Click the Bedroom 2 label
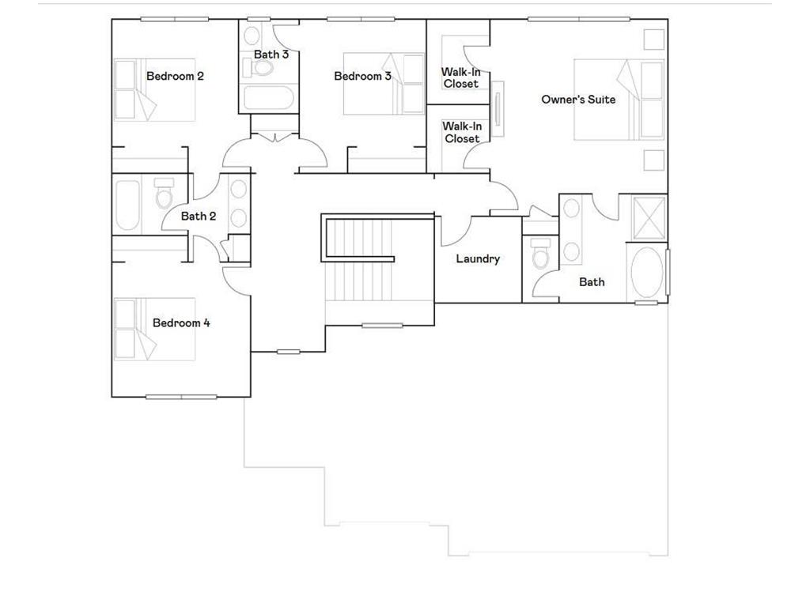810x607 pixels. pyautogui.click(x=175, y=77)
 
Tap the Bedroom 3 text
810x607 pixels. pyautogui.click(x=362, y=77)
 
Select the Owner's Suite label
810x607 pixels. pyautogui.click(x=578, y=100)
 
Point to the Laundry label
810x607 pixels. pyautogui.click(x=478, y=259)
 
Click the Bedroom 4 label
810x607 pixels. pyautogui.click(x=181, y=323)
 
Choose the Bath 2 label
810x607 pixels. pyautogui.click(x=199, y=217)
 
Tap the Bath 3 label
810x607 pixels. pyautogui.click(x=271, y=55)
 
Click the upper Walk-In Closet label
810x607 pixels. pyautogui.click(x=460, y=77)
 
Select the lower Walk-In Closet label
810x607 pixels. pyautogui.click(x=460, y=132)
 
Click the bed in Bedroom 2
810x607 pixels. pyautogui.click(x=154, y=90)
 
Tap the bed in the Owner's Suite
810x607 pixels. pyautogui.click(x=618, y=100)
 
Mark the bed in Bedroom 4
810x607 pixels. pyautogui.click(x=154, y=329)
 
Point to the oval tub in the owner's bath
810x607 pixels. pyautogui.click(x=647, y=273)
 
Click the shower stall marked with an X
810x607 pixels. pyautogui.click(x=649, y=216)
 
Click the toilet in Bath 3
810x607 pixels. pyautogui.click(x=262, y=68)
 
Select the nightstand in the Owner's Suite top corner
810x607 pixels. pyautogui.click(x=653, y=40)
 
